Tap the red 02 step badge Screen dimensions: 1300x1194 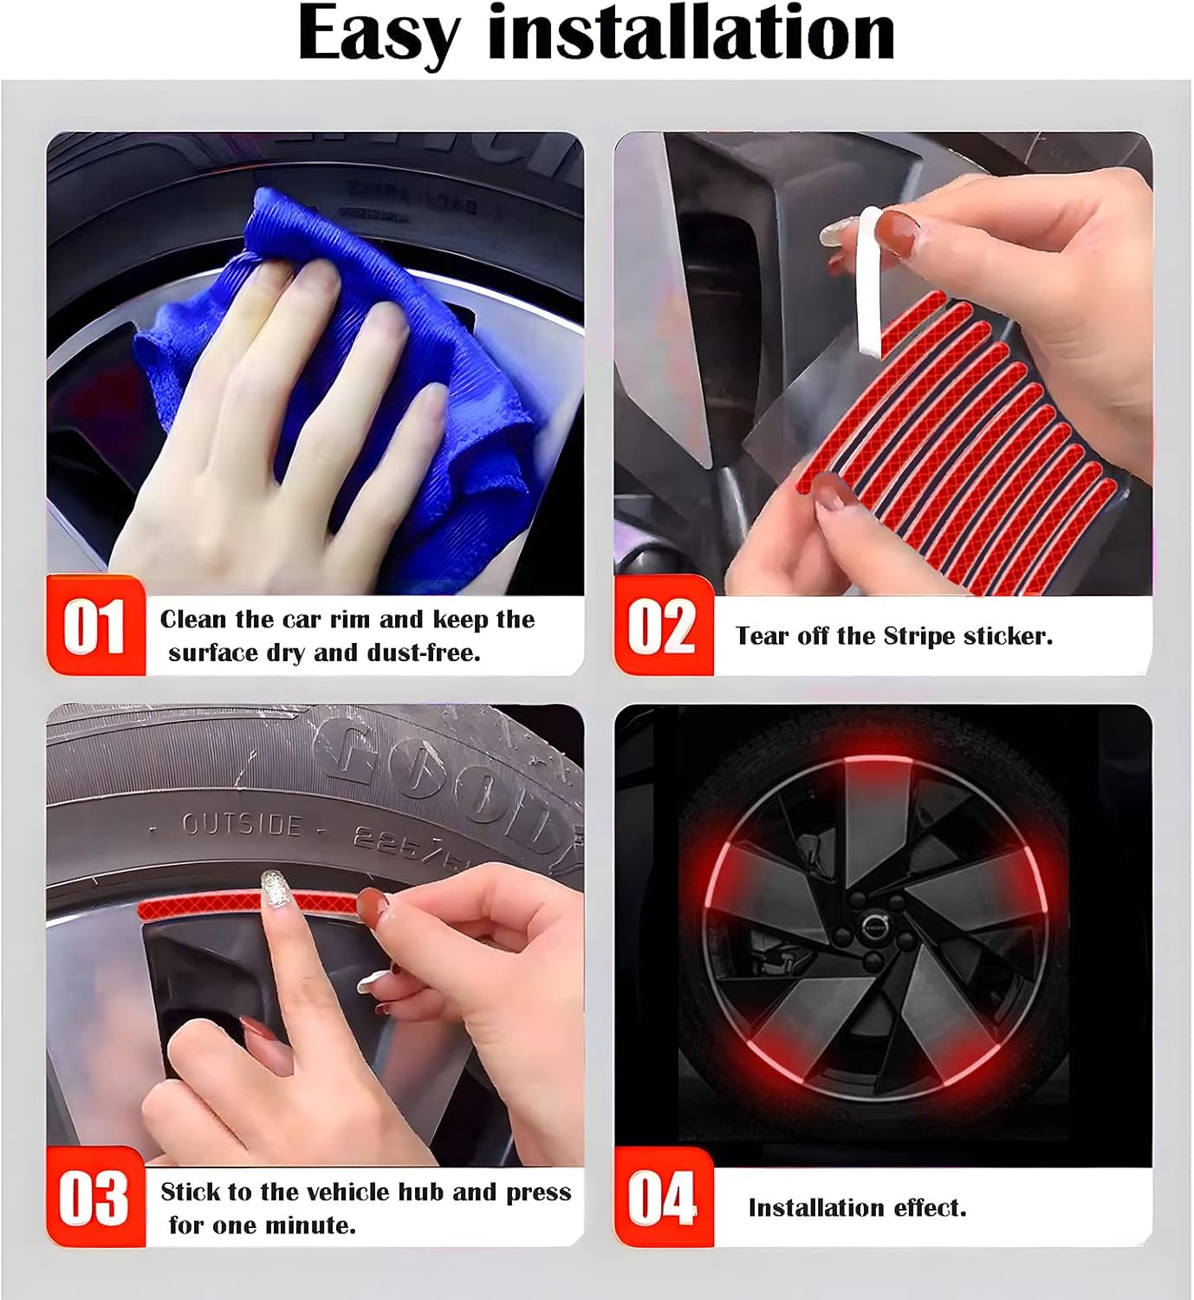pos(662,627)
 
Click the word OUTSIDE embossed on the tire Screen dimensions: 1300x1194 pos(241,824)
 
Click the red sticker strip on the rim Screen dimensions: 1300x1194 pos(199,908)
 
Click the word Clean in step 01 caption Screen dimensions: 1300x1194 pos(191,619)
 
